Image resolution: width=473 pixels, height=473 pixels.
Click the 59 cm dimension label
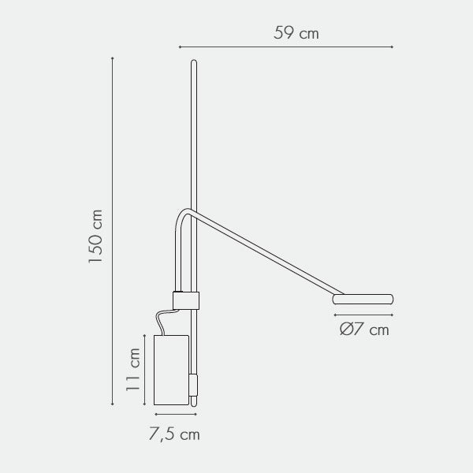[296, 33]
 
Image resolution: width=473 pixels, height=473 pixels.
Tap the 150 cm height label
[95, 236]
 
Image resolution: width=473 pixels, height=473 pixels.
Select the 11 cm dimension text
[132, 370]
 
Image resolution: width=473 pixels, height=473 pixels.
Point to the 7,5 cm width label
[174, 434]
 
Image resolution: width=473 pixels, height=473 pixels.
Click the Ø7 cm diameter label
[364, 329]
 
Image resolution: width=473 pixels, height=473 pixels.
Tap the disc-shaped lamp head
[363, 299]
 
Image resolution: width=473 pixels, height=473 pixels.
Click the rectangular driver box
[171, 370]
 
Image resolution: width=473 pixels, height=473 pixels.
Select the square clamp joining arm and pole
[186, 300]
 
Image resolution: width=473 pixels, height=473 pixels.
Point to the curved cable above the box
[165, 320]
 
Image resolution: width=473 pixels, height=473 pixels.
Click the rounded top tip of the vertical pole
[194, 61]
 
